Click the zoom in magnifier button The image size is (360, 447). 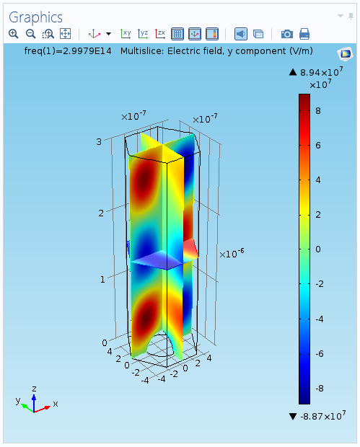[14, 34]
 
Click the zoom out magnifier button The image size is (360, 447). [30, 34]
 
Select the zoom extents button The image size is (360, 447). [66, 34]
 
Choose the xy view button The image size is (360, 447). [126, 34]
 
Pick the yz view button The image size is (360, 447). [143, 34]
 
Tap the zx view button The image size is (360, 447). [160, 34]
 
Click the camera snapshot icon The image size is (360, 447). [287, 34]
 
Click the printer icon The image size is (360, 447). [304, 34]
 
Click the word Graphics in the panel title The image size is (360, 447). [35, 18]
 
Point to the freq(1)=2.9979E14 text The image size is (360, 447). [68, 51]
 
